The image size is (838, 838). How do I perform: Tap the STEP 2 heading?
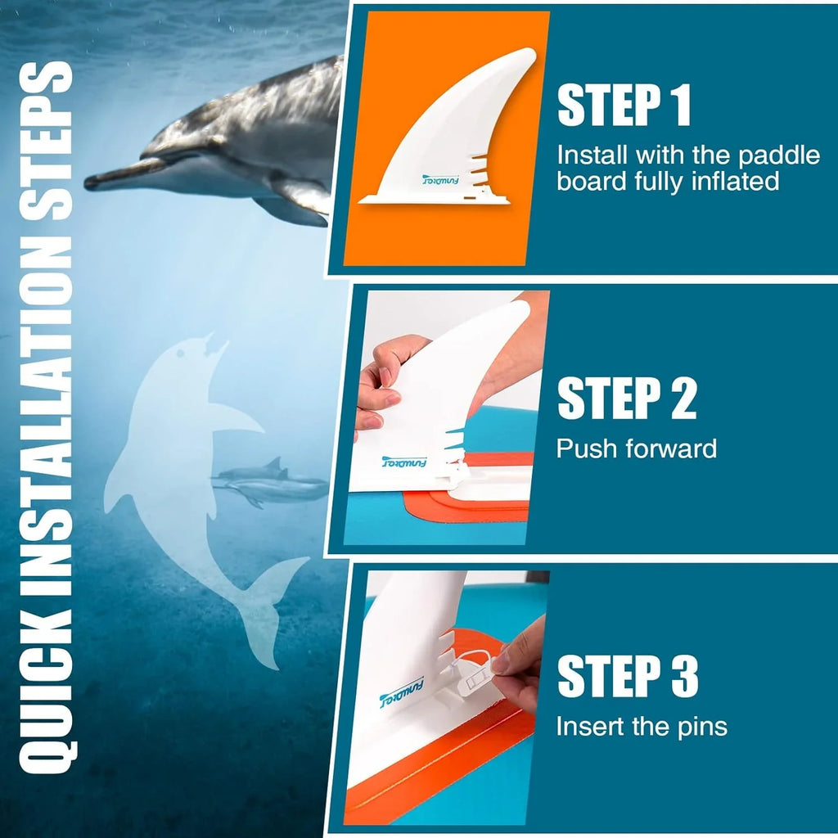[x=627, y=399]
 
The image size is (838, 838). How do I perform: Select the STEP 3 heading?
[x=628, y=676]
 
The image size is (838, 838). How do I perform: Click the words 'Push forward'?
[x=637, y=448]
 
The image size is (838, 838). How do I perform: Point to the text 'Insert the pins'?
[x=642, y=726]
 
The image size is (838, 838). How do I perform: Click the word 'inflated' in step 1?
[x=729, y=181]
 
